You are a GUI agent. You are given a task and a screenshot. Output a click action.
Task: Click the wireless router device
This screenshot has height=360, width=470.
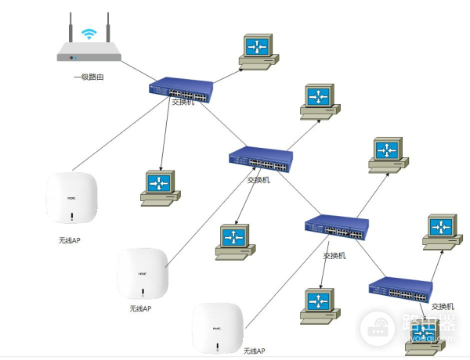pos(89,52)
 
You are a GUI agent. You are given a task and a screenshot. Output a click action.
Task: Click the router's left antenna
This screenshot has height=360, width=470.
pos(70,27)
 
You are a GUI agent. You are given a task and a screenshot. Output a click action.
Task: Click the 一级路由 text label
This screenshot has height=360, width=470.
pos(89,77)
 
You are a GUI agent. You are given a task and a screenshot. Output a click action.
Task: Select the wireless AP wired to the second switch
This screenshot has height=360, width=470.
pos(143,273)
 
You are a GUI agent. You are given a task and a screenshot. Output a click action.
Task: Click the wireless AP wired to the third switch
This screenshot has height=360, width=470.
pos(217,327)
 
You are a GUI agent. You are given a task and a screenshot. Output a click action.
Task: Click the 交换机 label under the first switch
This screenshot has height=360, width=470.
pos(183,103)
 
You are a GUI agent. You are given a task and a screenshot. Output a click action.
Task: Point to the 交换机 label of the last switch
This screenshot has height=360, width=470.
pos(443,306)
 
